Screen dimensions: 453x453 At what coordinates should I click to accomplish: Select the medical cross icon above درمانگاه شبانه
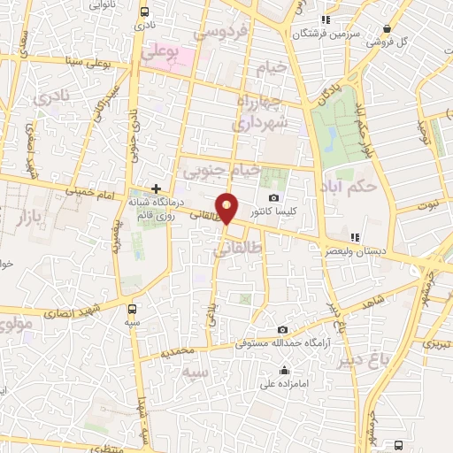(156, 188)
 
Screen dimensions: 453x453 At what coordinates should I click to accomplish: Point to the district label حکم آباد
(376, 187)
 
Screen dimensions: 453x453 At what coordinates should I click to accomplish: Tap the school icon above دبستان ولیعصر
(356, 237)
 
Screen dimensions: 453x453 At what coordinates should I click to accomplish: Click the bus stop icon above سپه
(133, 309)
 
